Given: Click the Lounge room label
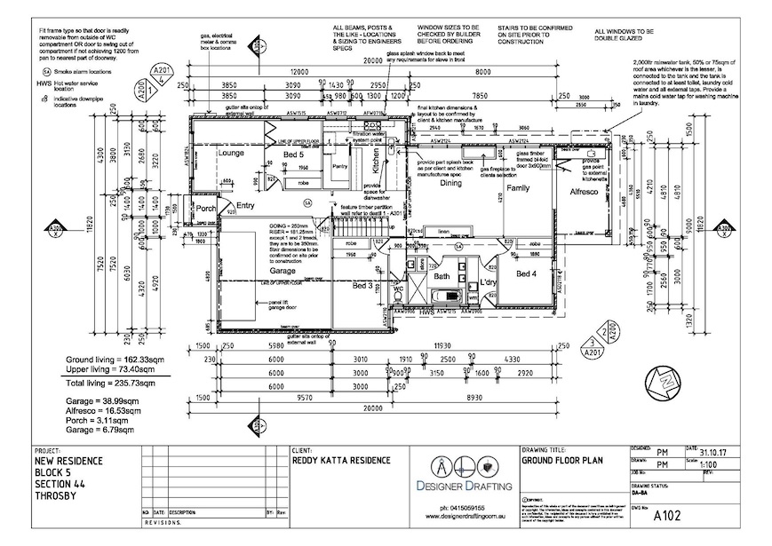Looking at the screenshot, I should point(231,154).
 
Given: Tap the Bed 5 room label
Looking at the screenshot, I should point(294,155).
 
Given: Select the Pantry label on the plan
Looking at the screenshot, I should point(339,166).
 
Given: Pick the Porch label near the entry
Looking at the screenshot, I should point(206,208).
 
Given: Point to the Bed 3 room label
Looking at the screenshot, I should point(362,286).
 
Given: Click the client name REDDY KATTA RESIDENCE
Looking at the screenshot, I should point(341,461).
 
